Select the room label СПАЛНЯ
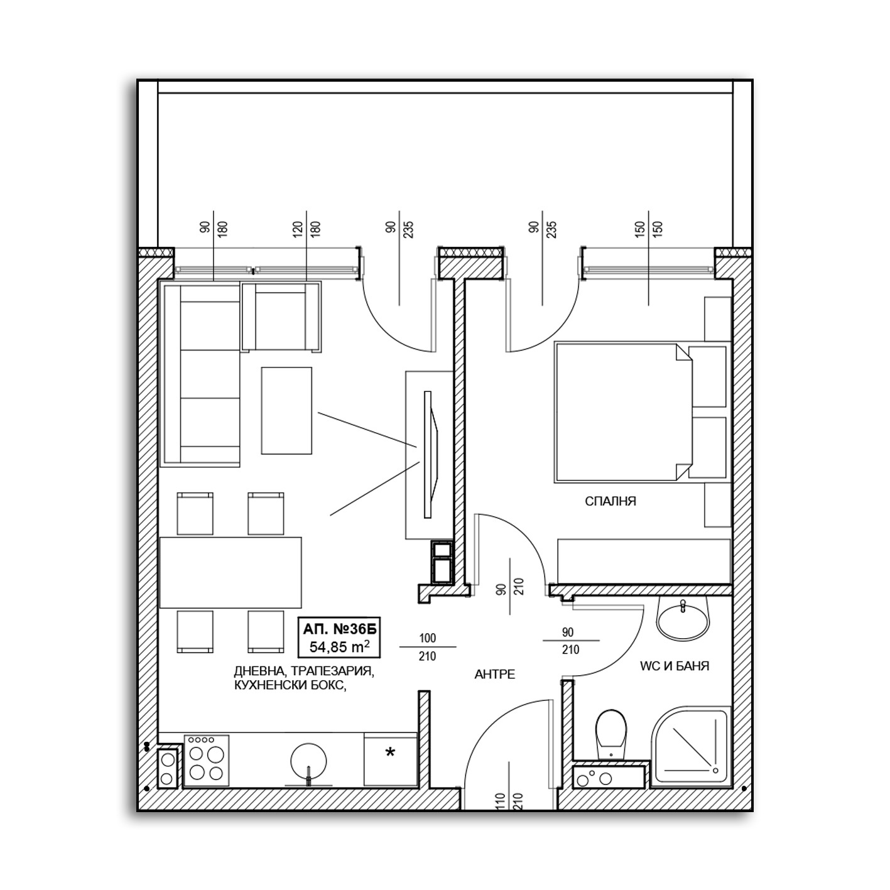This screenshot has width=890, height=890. [610, 501]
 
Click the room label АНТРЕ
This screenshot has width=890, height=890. [495, 675]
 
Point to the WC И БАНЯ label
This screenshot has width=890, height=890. [674, 666]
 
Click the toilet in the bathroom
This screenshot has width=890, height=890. [611, 732]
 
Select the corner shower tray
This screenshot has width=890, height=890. [692, 747]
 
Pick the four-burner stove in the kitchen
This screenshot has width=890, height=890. [207, 760]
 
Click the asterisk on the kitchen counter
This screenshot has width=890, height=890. [390, 752]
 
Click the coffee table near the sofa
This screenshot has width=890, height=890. [286, 410]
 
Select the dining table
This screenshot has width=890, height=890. [231, 572]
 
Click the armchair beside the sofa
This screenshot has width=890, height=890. [281, 317]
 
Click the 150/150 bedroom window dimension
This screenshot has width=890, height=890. [649, 236]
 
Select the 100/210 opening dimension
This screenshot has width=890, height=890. [427, 648]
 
